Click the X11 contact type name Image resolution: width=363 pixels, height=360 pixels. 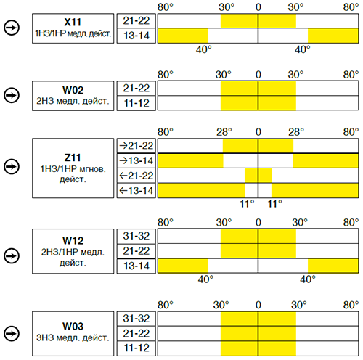[73, 22]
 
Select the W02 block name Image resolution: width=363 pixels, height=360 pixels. [73, 90]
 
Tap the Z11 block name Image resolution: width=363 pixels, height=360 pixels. [73, 157]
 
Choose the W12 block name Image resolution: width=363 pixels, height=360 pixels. [73, 240]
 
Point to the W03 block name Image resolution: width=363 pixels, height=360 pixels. [73, 326]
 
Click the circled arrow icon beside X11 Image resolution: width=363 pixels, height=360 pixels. [12, 28]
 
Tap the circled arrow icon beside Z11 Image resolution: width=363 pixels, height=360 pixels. [12, 166]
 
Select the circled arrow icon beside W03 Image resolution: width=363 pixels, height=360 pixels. [12, 334]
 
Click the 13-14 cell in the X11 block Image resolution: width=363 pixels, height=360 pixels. [136, 36]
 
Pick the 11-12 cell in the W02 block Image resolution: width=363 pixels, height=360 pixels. [136, 103]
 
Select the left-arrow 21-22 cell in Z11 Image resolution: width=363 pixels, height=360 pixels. [136, 176]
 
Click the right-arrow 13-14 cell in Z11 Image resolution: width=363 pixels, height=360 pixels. [136, 160]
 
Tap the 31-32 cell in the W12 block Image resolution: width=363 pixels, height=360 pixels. [136, 236]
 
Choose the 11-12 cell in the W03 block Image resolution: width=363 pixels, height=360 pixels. [136, 348]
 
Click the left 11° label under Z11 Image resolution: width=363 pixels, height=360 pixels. [247, 204]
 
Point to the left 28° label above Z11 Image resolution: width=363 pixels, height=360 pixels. [224, 132]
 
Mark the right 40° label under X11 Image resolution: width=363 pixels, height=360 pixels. [303, 49]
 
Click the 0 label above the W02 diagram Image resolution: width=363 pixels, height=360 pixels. [258, 75]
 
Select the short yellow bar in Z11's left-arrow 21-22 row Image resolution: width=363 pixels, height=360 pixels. [258, 176]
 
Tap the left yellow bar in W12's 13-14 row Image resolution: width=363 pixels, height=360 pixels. [183, 266]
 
